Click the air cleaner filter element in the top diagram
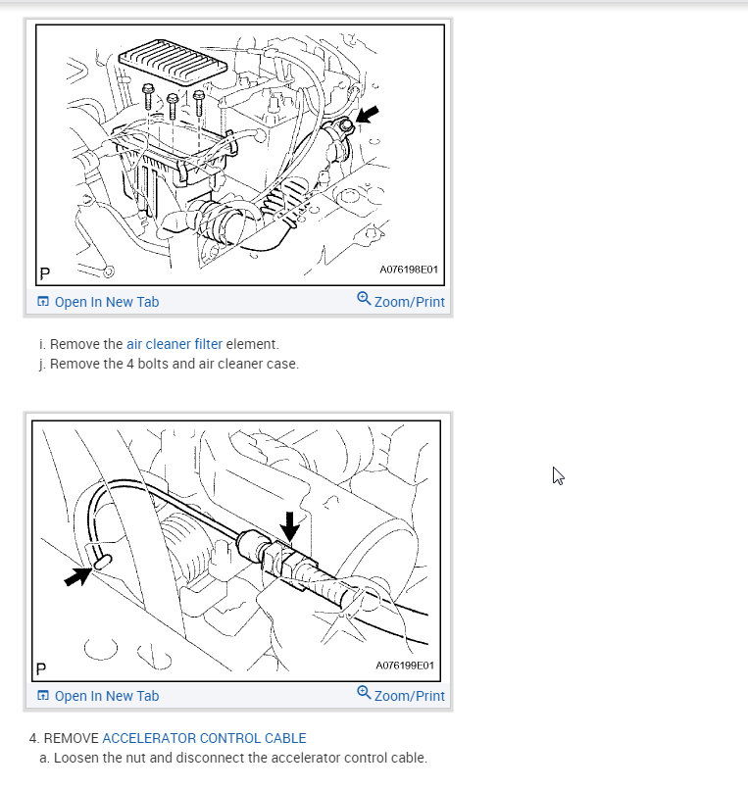pos(173,64)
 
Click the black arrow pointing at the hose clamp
pos(368,115)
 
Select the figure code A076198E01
pos(409,270)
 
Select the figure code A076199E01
pos(405,666)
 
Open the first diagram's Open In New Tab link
pos(107,302)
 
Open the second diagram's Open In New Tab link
pos(107,696)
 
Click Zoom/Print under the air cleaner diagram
pos(409,302)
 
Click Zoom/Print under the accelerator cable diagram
pos(409,696)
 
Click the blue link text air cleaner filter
pos(175,344)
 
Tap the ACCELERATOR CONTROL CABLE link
pos(204,738)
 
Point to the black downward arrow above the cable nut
pos(289,527)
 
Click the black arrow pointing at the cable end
pos(78,576)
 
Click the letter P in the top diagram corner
pos(45,273)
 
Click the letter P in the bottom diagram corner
pos(41,669)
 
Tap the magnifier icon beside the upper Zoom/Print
pos(364,298)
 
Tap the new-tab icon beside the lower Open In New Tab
pos(43,696)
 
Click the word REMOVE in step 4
pos(71,738)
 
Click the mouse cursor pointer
pos(558,475)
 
